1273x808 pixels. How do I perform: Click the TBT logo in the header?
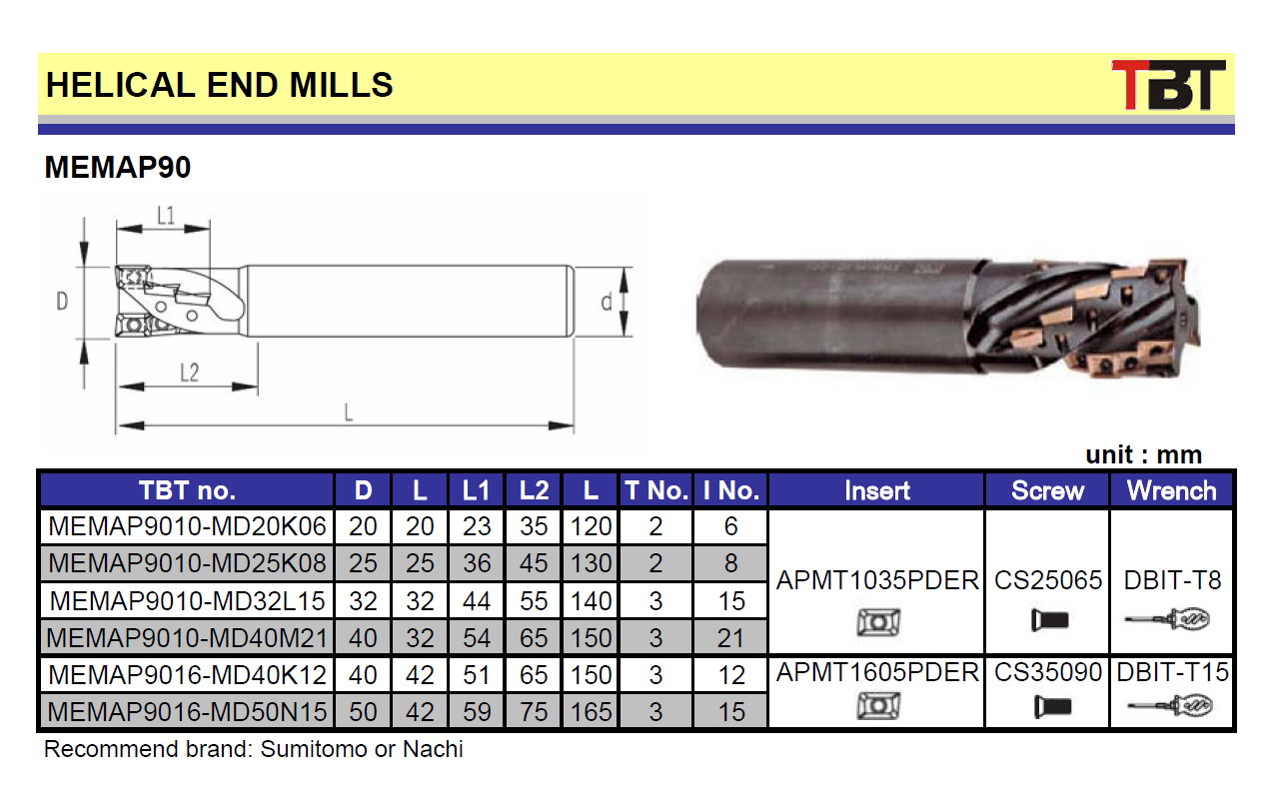pyautogui.click(x=1168, y=85)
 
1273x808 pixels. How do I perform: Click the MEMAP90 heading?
pyautogui.click(x=118, y=167)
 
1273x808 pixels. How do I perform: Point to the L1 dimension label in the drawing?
pyautogui.click(x=166, y=216)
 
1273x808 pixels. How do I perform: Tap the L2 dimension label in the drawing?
pyautogui.click(x=189, y=373)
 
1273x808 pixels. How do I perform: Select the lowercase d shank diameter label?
pyautogui.click(x=607, y=302)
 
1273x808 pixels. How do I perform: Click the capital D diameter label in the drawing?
pyautogui.click(x=62, y=302)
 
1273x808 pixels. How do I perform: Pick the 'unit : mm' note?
pyautogui.click(x=1143, y=454)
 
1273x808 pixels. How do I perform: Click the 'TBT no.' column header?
pyautogui.click(x=188, y=490)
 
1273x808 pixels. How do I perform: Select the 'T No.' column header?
pyautogui.click(x=656, y=490)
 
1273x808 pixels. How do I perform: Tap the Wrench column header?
pyautogui.click(x=1172, y=490)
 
